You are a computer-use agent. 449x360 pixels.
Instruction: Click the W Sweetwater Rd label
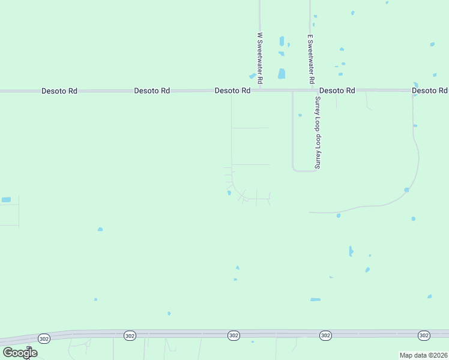point(260,58)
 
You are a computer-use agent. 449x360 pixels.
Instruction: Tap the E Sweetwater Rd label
point(310,58)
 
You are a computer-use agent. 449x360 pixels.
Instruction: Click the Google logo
point(20,353)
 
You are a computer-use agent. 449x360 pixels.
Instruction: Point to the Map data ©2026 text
point(423,355)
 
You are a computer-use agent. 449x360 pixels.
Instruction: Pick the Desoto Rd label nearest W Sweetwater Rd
point(232,91)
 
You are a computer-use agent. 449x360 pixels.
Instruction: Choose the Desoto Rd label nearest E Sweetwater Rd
point(337,91)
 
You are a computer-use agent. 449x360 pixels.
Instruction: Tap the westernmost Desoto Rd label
point(59,91)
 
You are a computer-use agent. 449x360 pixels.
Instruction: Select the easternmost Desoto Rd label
point(430,91)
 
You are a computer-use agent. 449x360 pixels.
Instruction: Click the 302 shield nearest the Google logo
point(44,338)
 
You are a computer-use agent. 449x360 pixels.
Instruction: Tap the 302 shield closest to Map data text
point(424,335)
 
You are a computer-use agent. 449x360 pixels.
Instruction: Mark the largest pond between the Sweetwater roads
point(282,74)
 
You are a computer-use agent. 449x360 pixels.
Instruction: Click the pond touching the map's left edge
point(6,200)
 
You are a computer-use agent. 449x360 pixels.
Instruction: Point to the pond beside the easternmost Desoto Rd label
point(415,85)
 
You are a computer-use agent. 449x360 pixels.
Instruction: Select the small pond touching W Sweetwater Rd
point(253,76)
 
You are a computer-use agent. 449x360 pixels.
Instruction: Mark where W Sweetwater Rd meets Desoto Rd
point(260,91)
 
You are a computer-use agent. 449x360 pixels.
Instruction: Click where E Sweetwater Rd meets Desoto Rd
point(310,91)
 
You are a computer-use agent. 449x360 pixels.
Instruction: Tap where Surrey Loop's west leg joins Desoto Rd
point(292,91)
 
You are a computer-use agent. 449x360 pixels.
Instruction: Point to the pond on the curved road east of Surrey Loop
point(406,190)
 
